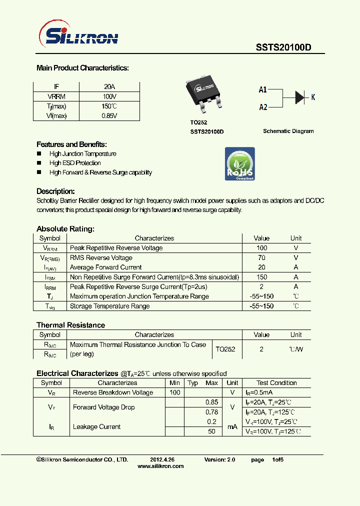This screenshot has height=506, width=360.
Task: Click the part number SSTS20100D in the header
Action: (x=283, y=47)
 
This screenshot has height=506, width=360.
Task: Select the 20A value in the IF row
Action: (x=109, y=86)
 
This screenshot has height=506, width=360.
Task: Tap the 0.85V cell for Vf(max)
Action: (x=109, y=115)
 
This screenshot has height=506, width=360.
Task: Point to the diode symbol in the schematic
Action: (x=299, y=97)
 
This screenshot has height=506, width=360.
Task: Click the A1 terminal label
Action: (x=263, y=90)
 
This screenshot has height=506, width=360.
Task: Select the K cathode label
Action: (x=313, y=97)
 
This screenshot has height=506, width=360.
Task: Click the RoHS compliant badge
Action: (x=240, y=164)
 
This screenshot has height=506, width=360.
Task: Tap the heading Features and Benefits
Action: (x=71, y=144)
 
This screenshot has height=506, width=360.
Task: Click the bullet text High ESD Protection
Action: (x=75, y=163)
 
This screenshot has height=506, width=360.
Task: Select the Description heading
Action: (x=55, y=191)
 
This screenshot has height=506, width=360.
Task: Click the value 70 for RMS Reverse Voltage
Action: (x=261, y=258)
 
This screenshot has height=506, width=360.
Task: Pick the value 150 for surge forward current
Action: (x=261, y=277)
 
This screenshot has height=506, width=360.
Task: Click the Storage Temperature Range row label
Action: (x=109, y=306)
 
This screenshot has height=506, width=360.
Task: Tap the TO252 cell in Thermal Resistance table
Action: (x=225, y=349)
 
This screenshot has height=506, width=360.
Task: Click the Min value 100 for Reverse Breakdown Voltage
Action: (x=174, y=392)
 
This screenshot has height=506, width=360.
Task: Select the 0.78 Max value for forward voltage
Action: (x=211, y=412)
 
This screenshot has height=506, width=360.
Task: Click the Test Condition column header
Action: (x=276, y=383)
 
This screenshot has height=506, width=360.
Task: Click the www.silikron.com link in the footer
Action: (x=160, y=466)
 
